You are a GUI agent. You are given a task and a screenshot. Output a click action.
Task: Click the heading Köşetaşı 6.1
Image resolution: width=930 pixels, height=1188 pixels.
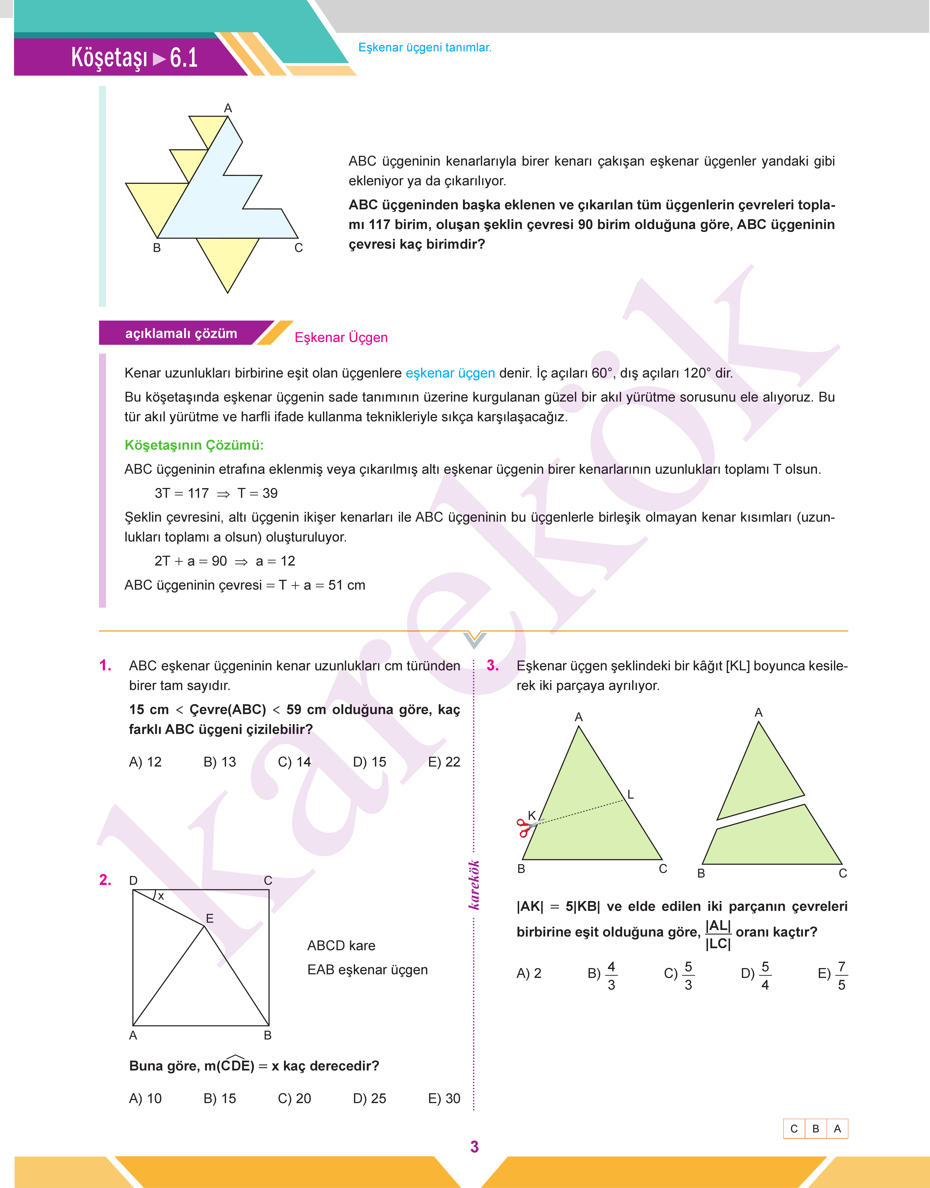134,58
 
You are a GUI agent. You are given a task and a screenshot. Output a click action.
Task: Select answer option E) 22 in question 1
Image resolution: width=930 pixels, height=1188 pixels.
444,762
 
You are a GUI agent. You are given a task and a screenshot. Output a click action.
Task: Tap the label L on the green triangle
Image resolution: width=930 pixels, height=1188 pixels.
631,795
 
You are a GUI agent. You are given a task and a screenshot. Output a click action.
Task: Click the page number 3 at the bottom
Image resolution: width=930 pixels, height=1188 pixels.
474,1147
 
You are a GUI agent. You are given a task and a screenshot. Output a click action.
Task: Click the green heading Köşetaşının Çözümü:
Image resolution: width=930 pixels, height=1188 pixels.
194,445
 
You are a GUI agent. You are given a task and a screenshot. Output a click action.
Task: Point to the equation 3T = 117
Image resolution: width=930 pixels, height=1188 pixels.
182,493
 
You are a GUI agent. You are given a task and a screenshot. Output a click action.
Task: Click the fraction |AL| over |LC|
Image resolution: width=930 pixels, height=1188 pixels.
718,934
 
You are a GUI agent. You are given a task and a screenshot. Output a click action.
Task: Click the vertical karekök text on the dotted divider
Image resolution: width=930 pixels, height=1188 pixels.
474,884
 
